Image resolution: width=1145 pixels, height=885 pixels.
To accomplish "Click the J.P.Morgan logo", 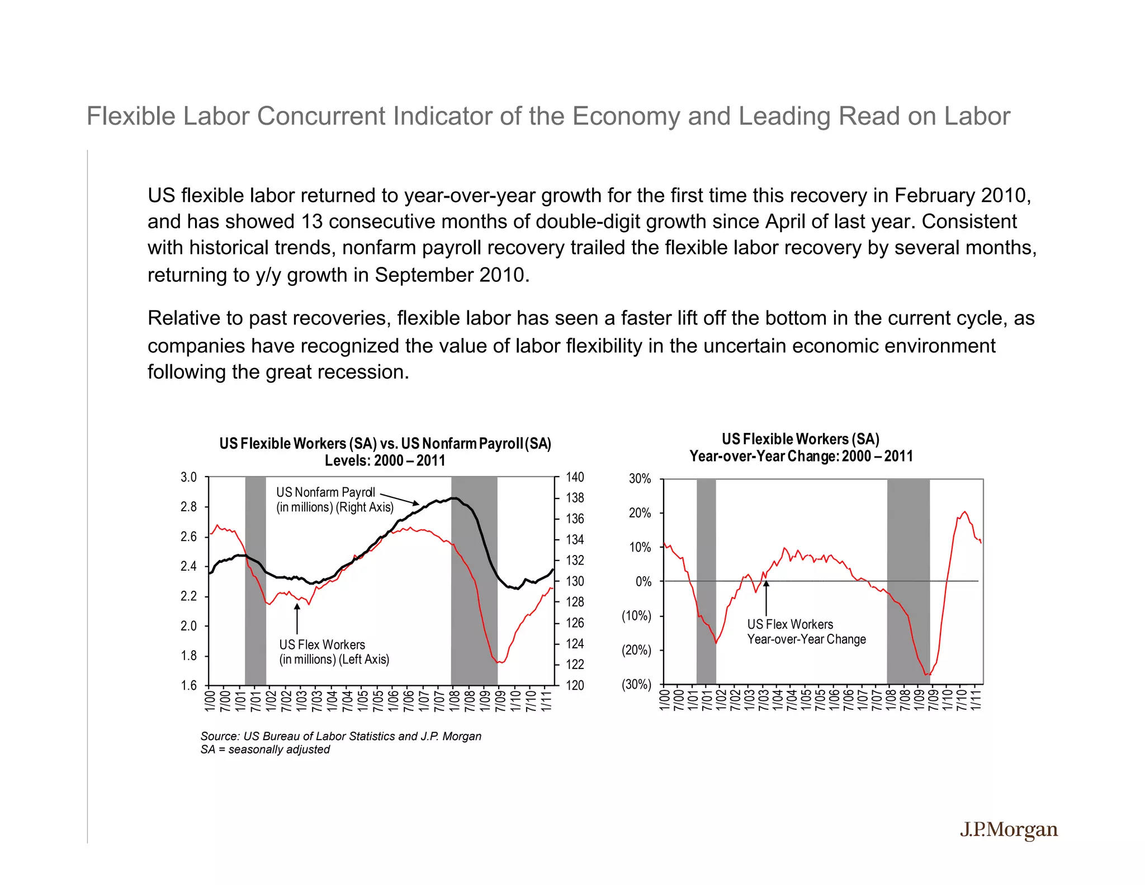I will click(1009, 830).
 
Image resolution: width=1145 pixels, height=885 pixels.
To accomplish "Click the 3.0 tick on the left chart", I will click(188, 477).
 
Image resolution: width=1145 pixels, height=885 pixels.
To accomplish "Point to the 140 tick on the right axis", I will click(575, 477).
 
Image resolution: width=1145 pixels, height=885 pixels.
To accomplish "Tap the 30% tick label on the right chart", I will click(640, 479).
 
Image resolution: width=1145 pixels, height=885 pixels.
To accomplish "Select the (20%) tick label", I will click(636, 650).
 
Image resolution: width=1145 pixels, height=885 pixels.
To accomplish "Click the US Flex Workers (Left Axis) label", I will click(334, 652).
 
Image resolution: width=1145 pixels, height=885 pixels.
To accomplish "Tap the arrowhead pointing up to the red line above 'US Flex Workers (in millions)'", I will click(297, 608).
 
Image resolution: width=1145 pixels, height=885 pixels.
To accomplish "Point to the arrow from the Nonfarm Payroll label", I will click(399, 498).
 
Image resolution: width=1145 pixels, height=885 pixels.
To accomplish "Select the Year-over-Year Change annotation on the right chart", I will click(806, 632).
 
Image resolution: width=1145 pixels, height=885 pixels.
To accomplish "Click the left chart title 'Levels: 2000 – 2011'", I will click(385, 460).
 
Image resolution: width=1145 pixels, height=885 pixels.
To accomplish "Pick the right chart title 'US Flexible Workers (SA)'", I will click(800, 439).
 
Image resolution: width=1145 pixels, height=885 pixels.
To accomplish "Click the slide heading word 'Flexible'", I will click(131, 116).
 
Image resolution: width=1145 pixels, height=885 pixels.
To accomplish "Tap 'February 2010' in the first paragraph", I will click(962, 195).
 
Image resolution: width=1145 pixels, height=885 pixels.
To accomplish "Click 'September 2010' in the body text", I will click(451, 275).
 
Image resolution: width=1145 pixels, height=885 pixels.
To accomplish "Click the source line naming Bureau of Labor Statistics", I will click(340, 736).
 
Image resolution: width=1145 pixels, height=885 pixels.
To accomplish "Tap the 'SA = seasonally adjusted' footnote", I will click(265, 750).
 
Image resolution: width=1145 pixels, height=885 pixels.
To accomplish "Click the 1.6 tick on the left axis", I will click(188, 685).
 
